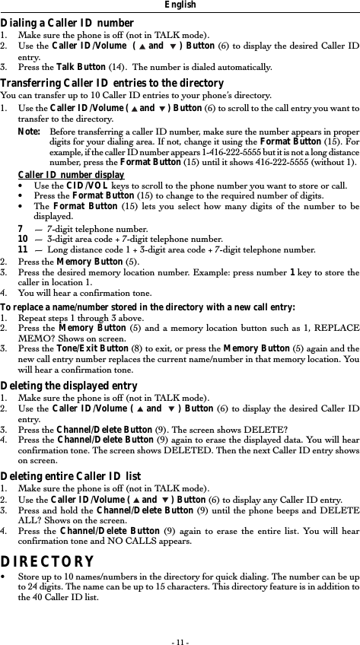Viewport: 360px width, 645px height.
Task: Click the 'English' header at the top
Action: [x=180, y=5]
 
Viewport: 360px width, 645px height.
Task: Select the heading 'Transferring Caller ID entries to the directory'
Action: [x=113, y=83]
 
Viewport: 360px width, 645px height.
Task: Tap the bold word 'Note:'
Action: [x=28, y=131]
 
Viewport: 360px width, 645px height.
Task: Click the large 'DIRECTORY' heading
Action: [x=47, y=562]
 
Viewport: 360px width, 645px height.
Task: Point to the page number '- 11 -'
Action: [x=180, y=631]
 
